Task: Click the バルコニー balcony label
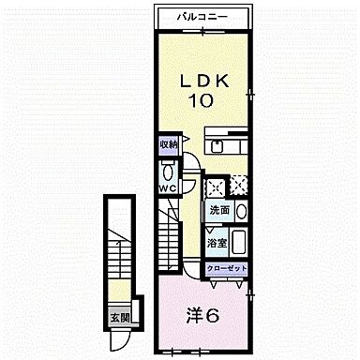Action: pyautogui.click(x=203, y=17)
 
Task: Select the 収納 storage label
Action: pyautogui.click(x=168, y=144)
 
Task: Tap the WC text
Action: pyautogui.click(x=167, y=187)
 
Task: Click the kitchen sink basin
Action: pyautogui.click(x=217, y=146)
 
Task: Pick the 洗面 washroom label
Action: pyautogui.click(x=218, y=210)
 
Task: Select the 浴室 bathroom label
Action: pyautogui.click(x=217, y=243)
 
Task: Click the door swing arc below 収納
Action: pyautogui.click(x=187, y=168)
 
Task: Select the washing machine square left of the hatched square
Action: pyautogui.click(x=216, y=184)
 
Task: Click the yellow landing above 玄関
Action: pyautogui.click(x=116, y=285)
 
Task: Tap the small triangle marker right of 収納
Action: pyautogui.click(x=185, y=142)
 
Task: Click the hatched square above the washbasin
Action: pyautogui.click(x=239, y=184)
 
